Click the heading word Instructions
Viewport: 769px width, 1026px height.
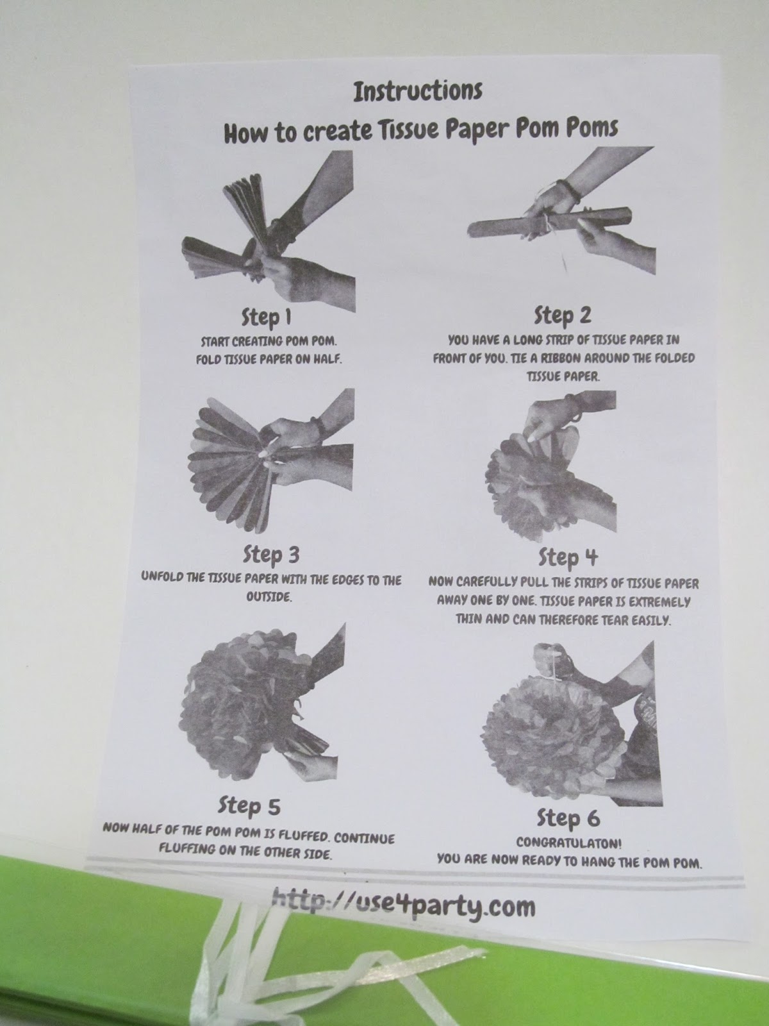tap(417, 91)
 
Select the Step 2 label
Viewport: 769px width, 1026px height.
tap(563, 315)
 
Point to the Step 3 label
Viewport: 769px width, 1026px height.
tap(271, 555)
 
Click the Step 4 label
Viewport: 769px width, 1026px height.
tap(568, 558)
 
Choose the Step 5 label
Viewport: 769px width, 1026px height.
tap(249, 805)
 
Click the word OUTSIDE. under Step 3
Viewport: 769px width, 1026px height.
tap(269, 597)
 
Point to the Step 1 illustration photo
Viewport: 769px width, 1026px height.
tap(269, 231)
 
